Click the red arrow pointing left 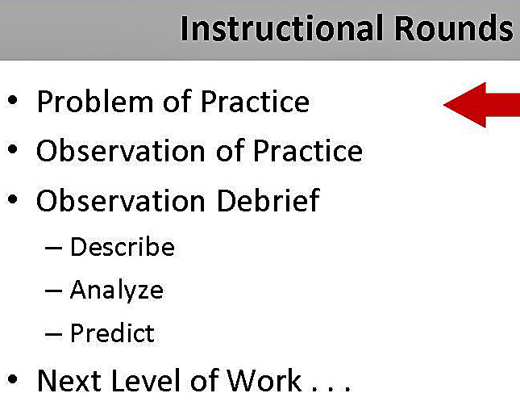click(482, 104)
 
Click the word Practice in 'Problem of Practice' click(255, 102)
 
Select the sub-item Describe click(123, 246)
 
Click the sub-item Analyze click(117, 290)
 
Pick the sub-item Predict click(112, 332)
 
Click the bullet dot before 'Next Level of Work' click(12, 381)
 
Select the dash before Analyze click(54, 291)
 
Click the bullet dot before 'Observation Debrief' click(12, 201)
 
